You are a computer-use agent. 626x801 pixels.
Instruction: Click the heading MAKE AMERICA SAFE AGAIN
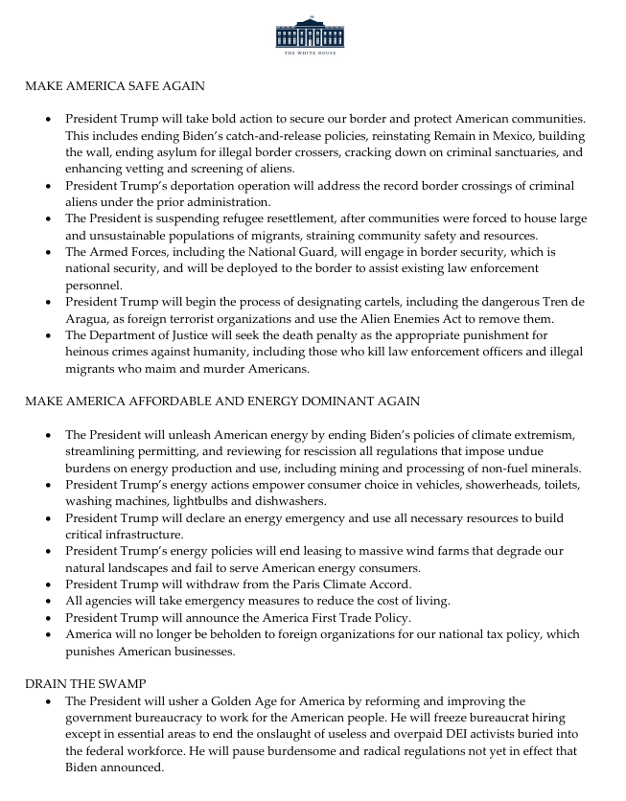coord(114,86)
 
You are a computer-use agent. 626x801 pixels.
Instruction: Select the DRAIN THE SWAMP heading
coord(86,684)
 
